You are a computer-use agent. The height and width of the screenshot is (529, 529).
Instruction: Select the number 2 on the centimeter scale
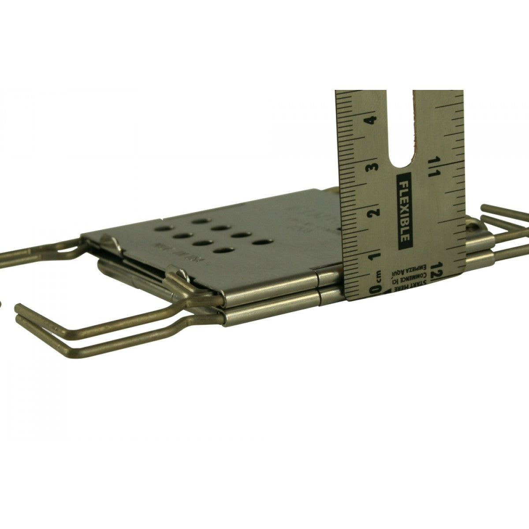[x=374, y=212]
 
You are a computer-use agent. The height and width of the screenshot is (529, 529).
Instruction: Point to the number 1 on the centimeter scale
[x=375, y=256]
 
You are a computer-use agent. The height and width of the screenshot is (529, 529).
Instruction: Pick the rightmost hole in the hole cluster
[x=263, y=242]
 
